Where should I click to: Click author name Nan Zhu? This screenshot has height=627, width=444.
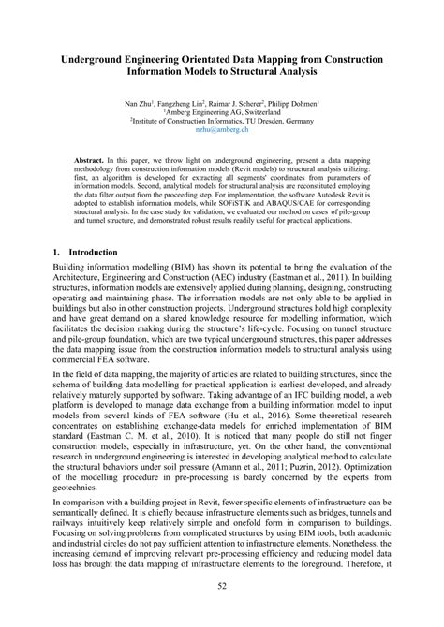[141, 102]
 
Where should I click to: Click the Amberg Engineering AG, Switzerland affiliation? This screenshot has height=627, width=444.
[222, 112]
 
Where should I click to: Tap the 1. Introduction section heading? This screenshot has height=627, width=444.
[85, 253]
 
